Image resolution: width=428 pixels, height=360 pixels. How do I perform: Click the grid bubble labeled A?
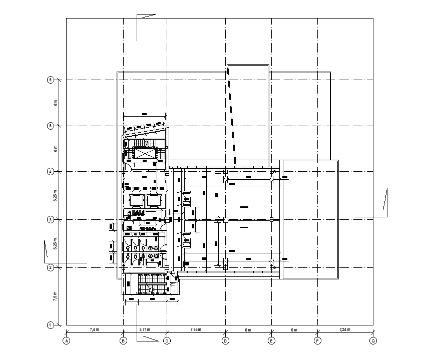pos(66,341)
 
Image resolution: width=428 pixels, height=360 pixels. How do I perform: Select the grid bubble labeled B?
pos(123,341)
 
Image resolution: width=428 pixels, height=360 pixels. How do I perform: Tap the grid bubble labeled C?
pos(167,341)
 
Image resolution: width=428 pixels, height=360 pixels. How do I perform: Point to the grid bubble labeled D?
pos(225,341)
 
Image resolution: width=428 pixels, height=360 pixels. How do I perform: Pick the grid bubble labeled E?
pos(271,341)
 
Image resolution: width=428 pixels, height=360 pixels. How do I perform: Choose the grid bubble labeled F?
pos(317,341)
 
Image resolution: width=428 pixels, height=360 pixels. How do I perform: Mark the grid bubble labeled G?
pos(373,341)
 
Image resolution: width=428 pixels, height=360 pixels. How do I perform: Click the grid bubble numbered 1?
pos(50,325)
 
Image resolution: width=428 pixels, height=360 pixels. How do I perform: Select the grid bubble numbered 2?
pos(50,268)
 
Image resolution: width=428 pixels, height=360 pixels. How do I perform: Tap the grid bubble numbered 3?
pos(50,220)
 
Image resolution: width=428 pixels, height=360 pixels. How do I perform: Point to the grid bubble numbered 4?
pos(50,172)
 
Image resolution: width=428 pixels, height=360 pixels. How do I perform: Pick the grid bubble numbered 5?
pos(50,126)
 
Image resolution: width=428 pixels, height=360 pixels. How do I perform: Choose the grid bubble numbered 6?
pos(50,80)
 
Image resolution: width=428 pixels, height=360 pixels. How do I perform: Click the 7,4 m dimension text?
pos(95,330)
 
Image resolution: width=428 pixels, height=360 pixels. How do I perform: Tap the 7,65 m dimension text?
pos(196,330)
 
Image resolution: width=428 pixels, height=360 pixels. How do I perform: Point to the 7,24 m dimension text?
pos(345,330)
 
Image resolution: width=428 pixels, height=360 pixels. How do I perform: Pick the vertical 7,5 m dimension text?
pos(56,296)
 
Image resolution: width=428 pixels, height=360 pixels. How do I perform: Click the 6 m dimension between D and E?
pos(248,330)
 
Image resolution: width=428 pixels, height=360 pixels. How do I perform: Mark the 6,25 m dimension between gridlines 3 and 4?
pos(56,196)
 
